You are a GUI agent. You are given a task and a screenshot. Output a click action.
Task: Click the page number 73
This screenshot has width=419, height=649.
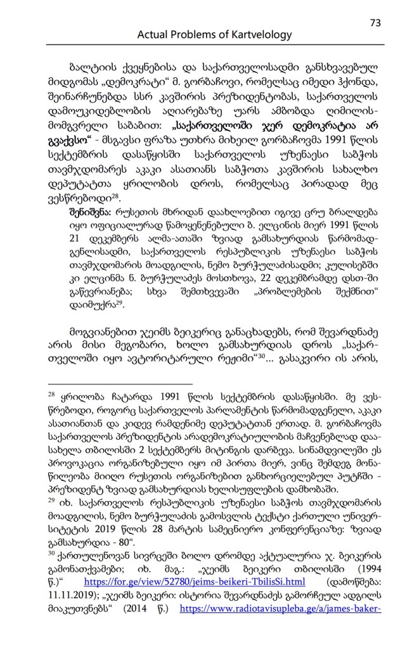click(x=375, y=22)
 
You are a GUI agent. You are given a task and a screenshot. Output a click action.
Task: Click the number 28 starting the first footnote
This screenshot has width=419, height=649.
click(x=53, y=394)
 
